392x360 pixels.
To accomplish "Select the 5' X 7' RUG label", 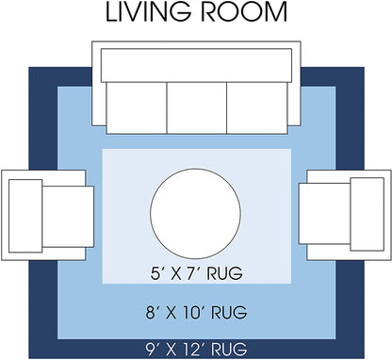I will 196,275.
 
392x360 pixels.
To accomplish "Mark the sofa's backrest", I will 196,62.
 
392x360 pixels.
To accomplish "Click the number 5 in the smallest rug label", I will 152,275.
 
